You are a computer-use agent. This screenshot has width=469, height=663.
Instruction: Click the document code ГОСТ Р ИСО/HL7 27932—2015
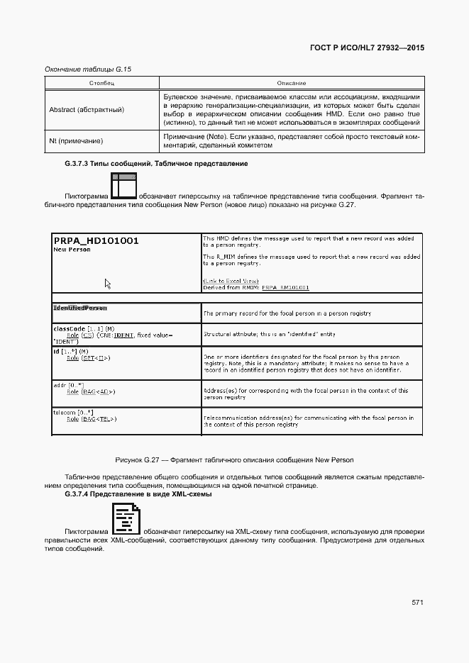tap(367, 48)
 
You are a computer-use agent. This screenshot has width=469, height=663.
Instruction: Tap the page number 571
tap(417, 602)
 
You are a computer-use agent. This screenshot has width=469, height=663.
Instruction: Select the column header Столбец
tap(101, 84)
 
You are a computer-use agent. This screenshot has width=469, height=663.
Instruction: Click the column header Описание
tap(291, 84)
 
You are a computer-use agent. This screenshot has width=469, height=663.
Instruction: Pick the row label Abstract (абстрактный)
tap(87, 110)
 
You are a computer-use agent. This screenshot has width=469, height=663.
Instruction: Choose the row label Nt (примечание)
tap(76, 141)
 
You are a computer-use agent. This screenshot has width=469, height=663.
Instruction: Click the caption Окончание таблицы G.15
tap(88, 69)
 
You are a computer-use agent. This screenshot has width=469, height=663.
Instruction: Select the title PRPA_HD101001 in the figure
tap(96, 240)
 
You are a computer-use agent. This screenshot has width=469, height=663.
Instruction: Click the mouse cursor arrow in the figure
tap(108, 284)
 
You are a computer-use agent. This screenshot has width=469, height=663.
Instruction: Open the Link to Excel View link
tap(231, 281)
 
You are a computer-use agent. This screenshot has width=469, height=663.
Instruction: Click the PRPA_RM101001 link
tap(285, 287)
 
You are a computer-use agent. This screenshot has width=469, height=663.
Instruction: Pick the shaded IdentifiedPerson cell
tap(80, 308)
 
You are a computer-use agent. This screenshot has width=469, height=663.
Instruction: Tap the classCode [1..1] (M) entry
tap(79, 328)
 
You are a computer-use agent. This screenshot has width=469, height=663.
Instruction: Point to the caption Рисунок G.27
tap(234, 460)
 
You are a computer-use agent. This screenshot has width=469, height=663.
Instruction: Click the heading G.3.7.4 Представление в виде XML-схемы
tap(138, 494)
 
